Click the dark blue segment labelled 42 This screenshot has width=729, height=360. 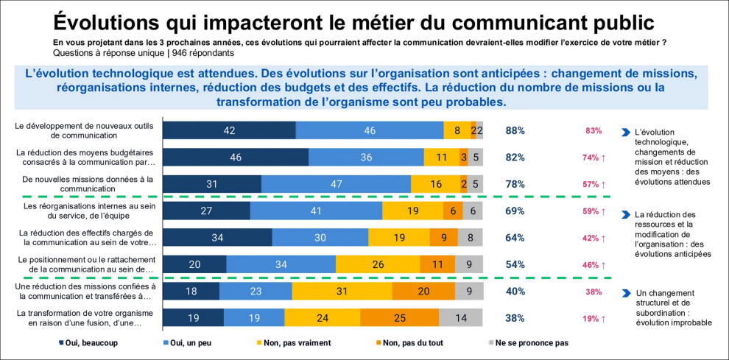click(x=228, y=130)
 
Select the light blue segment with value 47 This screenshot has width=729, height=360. click(x=336, y=184)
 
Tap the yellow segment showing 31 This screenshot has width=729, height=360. click(x=342, y=291)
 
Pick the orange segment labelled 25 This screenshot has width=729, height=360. click(x=399, y=318)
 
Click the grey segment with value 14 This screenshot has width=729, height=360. click(x=461, y=318)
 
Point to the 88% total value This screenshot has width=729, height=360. click(x=515, y=130)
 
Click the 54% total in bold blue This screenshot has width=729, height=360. click(x=515, y=264)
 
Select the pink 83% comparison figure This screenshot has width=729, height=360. click(x=594, y=130)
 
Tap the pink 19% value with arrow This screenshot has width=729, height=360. click(x=594, y=318)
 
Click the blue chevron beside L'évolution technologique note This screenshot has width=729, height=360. click(x=626, y=133)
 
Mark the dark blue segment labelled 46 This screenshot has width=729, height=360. click(x=236, y=158)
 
